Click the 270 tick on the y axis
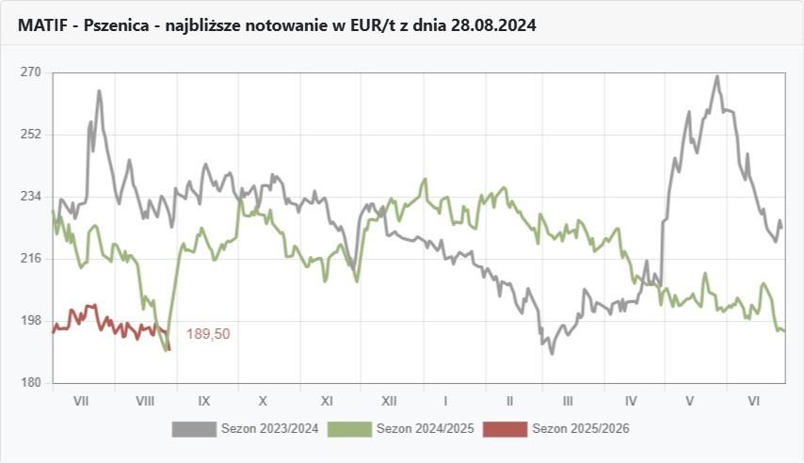pyautogui.click(x=31, y=72)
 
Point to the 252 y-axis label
pyautogui.click(x=31, y=134)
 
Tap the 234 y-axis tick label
pyautogui.click(x=31, y=196)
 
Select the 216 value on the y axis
pyautogui.click(x=31, y=258)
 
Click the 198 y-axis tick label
pyautogui.click(x=31, y=320)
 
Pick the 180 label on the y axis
pyautogui.click(x=31, y=382)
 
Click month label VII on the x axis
pyautogui.click(x=81, y=400)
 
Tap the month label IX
pyautogui.click(x=203, y=400)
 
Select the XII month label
pyautogui.click(x=387, y=400)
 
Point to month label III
pyautogui.click(x=568, y=400)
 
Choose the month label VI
pyautogui.click(x=753, y=400)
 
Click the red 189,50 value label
pyautogui.click(x=208, y=333)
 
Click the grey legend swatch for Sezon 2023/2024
pyautogui.click(x=194, y=429)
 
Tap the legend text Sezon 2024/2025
pyautogui.click(x=424, y=429)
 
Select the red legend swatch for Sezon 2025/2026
pyautogui.click(x=505, y=429)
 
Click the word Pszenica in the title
pyautogui.click(x=117, y=25)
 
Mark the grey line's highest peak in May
pyautogui.click(x=716, y=76)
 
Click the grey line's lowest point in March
pyautogui.click(x=552, y=353)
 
